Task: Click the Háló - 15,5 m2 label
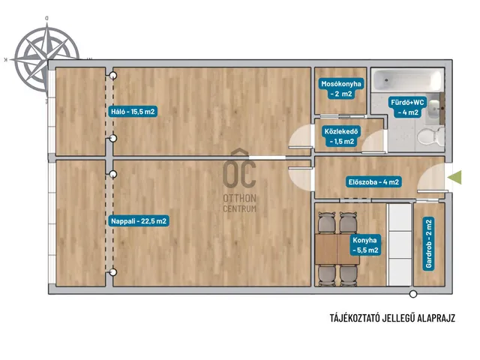click(x=133, y=112)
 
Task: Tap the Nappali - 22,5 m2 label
click(x=139, y=221)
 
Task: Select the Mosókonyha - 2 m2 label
click(x=341, y=88)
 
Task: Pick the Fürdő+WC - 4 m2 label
click(x=408, y=107)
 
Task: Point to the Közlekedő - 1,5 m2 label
click(x=341, y=136)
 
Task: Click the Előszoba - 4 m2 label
click(x=373, y=182)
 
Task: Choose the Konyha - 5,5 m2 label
click(x=365, y=245)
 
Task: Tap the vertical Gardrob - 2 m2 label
click(x=428, y=243)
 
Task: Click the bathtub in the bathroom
click(x=407, y=80)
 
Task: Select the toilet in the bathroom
click(x=430, y=136)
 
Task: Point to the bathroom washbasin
click(x=435, y=108)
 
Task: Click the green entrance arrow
click(x=454, y=177)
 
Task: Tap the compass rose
click(x=46, y=58)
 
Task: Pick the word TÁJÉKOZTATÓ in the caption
click(x=355, y=318)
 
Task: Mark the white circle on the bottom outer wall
click(x=413, y=294)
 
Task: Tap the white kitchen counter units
click(x=400, y=245)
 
